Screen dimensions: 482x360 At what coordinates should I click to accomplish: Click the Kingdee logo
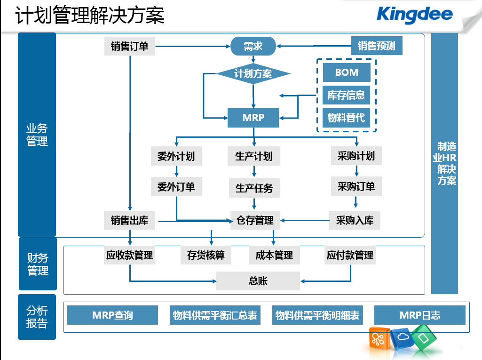point(414,15)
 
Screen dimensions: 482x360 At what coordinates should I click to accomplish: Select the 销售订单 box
point(130,46)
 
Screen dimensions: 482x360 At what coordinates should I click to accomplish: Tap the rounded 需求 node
point(253,46)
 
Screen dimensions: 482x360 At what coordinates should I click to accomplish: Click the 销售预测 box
point(377,46)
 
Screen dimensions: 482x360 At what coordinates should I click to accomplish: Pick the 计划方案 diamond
point(253,73)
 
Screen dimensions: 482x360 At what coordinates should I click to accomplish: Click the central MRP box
point(253,118)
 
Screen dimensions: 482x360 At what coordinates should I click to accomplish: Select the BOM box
point(347,72)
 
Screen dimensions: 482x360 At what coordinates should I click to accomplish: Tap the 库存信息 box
point(346,95)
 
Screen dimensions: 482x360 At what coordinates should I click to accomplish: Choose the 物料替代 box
point(346,118)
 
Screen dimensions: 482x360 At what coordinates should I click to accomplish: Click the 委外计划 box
point(176,156)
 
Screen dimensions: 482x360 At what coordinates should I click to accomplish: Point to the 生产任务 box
point(254,188)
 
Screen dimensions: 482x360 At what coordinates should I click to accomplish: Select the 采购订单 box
point(356,186)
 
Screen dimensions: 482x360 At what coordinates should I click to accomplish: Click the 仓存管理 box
point(255,220)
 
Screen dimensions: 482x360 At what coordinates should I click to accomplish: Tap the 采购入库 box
point(355,220)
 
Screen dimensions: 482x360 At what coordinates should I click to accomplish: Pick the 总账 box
point(258,281)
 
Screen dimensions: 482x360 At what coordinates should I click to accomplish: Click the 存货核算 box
point(206,255)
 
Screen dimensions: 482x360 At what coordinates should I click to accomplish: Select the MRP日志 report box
point(420,315)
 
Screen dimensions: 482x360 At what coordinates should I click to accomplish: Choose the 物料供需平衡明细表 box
point(317,315)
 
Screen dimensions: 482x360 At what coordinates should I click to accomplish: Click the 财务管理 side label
point(38,264)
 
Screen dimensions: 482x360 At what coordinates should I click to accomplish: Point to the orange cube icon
point(379,339)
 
